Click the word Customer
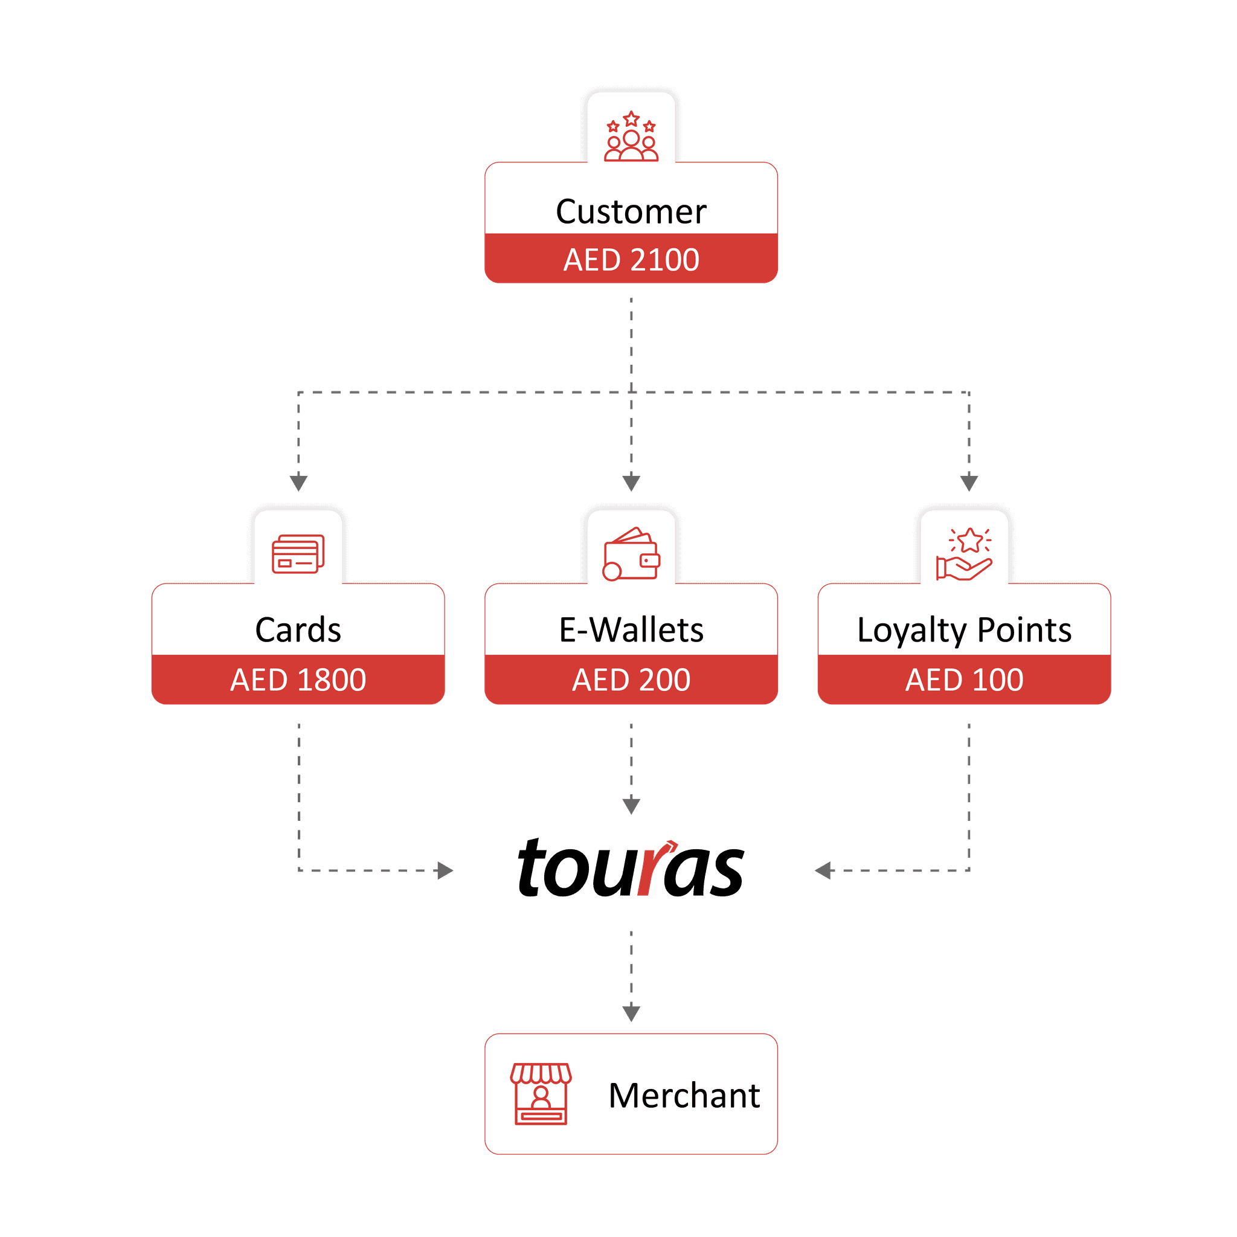click(x=631, y=211)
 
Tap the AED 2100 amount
click(x=631, y=259)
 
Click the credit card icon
click(x=298, y=554)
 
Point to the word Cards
click(x=298, y=630)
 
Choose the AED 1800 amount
click(x=298, y=680)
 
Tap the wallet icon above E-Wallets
click(x=631, y=554)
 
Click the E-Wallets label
click(x=631, y=630)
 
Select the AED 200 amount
click(x=631, y=680)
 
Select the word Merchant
click(x=684, y=1096)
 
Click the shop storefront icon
click(x=541, y=1094)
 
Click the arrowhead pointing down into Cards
click(x=299, y=481)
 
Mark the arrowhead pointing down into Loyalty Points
click(x=969, y=481)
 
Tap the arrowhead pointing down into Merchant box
click(x=631, y=1012)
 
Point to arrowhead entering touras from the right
click(x=823, y=871)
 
